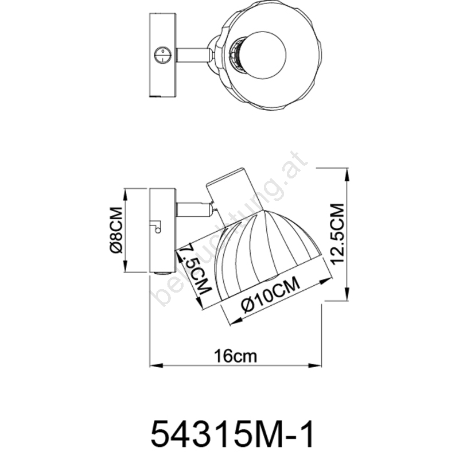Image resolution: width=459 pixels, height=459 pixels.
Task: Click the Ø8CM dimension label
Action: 116,231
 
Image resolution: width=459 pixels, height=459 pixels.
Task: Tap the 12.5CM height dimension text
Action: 338,234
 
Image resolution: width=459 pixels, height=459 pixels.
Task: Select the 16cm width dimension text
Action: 236,356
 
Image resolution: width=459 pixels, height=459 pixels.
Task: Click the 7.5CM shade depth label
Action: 195,270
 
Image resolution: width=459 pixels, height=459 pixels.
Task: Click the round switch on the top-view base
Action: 162,55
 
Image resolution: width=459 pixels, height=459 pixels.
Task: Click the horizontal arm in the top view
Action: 193,55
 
